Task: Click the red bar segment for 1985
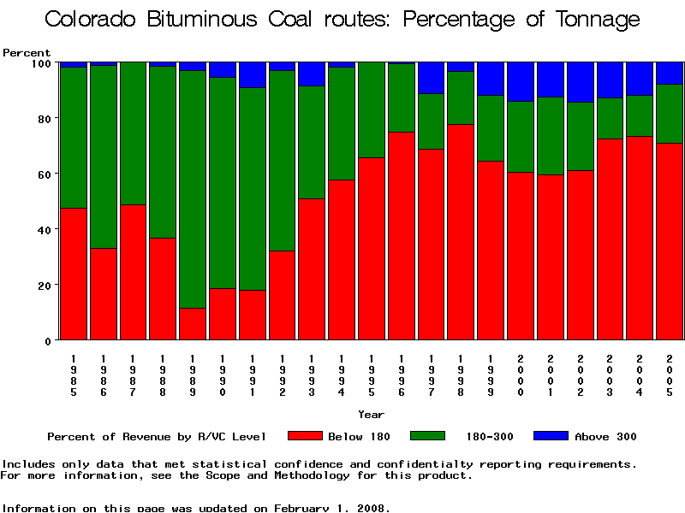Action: click(x=74, y=274)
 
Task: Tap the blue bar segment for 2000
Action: click(x=521, y=81)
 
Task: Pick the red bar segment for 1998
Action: click(x=461, y=232)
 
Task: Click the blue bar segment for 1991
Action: click(x=252, y=74)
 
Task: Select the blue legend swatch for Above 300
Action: click(x=551, y=436)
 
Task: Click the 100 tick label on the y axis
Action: click(x=40, y=62)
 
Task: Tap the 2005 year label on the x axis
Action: click(x=669, y=374)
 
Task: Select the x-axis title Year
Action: click(x=371, y=415)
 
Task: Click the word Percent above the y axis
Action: click(x=27, y=52)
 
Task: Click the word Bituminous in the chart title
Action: click(x=236, y=20)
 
